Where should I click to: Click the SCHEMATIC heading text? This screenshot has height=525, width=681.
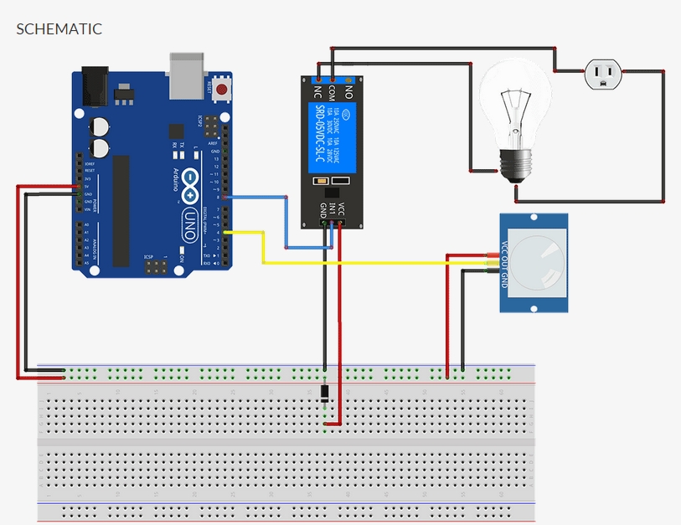[x=59, y=29]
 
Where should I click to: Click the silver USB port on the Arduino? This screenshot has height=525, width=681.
[x=186, y=73]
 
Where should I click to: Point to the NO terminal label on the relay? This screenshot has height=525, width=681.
[x=348, y=90]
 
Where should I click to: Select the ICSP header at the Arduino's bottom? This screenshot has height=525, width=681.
[x=155, y=267]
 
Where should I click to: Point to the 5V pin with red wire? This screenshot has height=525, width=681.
[x=78, y=187]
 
